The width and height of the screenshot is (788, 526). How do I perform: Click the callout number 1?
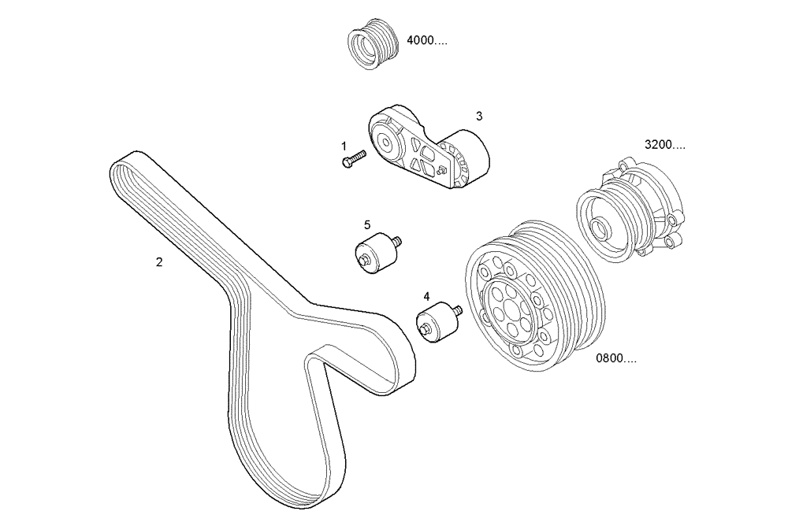pyautogui.click(x=344, y=146)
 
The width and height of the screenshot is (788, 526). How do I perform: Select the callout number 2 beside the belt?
pyautogui.click(x=159, y=262)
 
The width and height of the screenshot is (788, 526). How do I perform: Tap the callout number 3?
pyautogui.click(x=479, y=116)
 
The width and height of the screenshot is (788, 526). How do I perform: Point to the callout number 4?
pyautogui.click(x=426, y=297)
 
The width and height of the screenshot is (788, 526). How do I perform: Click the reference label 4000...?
pyautogui.click(x=426, y=41)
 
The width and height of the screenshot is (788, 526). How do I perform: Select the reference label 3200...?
pyautogui.click(x=664, y=145)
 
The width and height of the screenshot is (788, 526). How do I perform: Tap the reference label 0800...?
pyautogui.click(x=616, y=358)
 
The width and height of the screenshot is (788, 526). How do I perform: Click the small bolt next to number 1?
pyautogui.click(x=353, y=159)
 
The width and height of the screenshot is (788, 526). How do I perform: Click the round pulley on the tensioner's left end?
pyautogui.click(x=387, y=143)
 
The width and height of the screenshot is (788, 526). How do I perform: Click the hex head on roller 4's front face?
pyautogui.click(x=426, y=332)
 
